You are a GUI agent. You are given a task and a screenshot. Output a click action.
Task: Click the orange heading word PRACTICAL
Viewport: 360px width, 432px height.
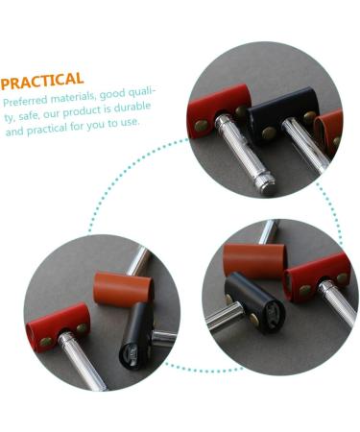tap(42, 80)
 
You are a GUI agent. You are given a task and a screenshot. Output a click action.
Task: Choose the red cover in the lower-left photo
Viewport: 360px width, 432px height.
tap(57, 324)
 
